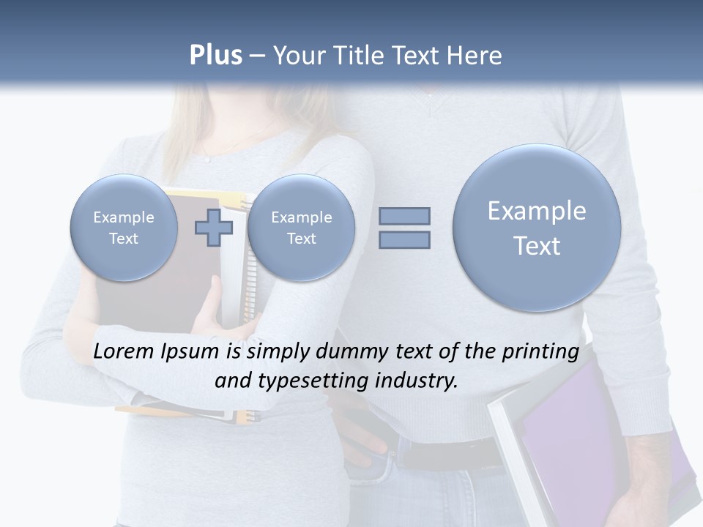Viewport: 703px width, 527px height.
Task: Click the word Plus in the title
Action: coord(215,56)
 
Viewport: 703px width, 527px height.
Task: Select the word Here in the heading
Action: coord(475,56)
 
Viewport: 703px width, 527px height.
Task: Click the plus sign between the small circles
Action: coord(213,228)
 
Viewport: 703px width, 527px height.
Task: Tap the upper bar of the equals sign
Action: coord(403,216)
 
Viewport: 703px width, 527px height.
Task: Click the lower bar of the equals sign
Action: coord(403,239)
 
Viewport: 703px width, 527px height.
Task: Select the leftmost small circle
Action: coord(124,228)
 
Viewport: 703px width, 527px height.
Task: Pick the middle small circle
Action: coord(301,228)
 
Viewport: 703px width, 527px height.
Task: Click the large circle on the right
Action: coord(537,228)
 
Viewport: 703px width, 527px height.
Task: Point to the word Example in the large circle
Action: coord(537,211)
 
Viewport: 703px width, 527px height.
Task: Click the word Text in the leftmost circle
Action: coord(124,239)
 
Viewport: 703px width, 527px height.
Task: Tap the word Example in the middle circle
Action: coord(301,217)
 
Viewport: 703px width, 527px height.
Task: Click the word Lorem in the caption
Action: coord(124,351)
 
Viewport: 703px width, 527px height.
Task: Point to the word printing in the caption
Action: coord(541,351)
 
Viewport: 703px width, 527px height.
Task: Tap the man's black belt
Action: coord(439,450)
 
